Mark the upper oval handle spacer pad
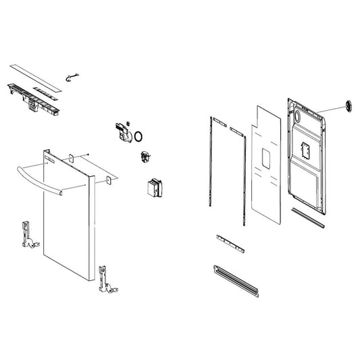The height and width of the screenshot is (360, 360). coord(69,158)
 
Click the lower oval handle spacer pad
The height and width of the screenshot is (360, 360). coord(107,180)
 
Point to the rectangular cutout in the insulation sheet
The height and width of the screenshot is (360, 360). coord(265,162)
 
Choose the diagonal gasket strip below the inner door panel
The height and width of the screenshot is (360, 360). coord(307,215)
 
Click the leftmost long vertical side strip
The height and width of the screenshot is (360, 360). coord(211,162)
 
